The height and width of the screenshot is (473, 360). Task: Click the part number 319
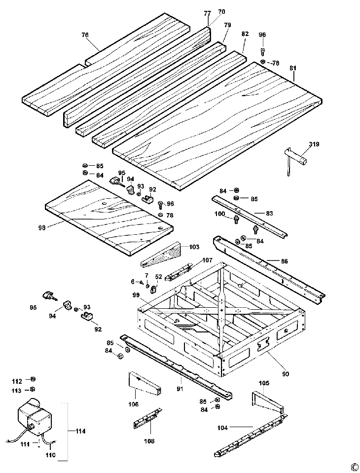tap(314, 144)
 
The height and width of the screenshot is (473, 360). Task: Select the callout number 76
tap(85, 35)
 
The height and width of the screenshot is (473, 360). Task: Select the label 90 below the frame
tap(286, 373)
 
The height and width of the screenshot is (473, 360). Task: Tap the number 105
tap(264, 382)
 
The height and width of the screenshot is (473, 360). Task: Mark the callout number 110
tap(50, 454)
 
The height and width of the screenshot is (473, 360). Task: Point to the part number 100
tap(219, 214)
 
